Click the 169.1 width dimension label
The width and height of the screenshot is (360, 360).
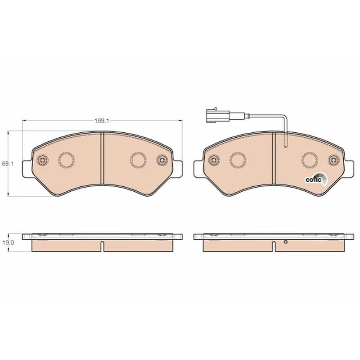(x=102, y=121)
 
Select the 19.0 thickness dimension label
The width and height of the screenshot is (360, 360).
(x=8, y=243)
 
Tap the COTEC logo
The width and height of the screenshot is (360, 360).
(x=316, y=180)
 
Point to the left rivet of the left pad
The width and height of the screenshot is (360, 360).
(x=42, y=160)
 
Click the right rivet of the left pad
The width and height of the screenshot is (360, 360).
(x=162, y=160)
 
